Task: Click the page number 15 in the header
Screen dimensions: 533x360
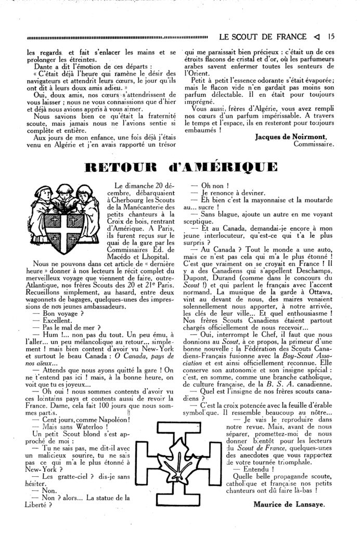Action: tap(331, 37)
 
